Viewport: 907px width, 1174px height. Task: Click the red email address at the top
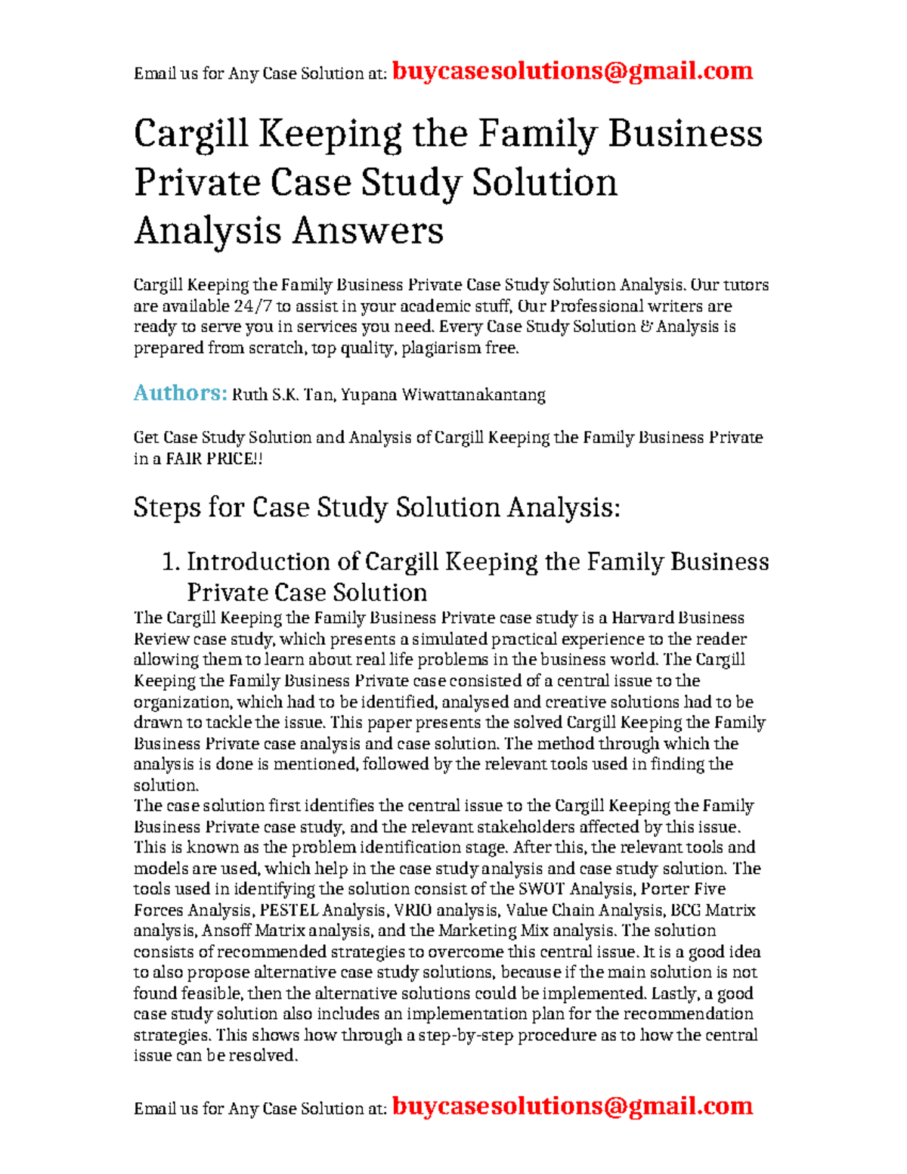pyautogui.click(x=572, y=71)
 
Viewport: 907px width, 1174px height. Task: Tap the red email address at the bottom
pyautogui.click(x=572, y=1106)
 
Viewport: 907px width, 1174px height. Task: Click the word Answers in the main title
pyautogui.click(x=367, y=231)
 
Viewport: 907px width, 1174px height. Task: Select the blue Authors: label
pyautogui.click(x=180, y=393)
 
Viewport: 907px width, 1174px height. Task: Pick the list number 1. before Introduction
pyautogui.click(x=171, y=562)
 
